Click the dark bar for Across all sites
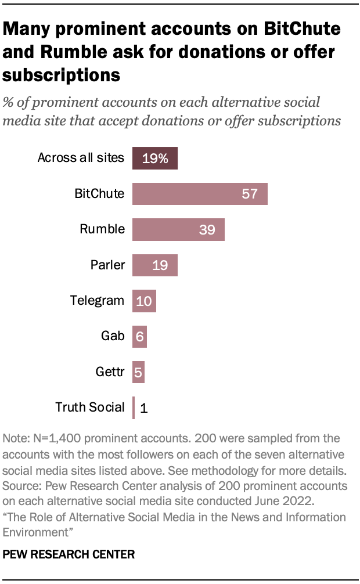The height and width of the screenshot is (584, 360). click(x=154, y=158)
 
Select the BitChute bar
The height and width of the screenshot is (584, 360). click(x=200, y=194)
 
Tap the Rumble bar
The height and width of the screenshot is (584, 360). click(x=178, y=230)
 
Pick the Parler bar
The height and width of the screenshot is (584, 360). click(x=154, y=265)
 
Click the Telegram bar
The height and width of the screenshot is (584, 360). click(x=144, y=301)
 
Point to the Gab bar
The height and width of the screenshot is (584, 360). click(x=139, y=337)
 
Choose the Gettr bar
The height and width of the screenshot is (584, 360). click(x=138, y=372)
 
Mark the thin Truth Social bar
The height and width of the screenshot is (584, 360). click(x=134, y=408)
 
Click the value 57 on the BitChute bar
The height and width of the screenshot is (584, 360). click(x=250, y=194)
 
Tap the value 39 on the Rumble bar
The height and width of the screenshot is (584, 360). click(x=207, y=230)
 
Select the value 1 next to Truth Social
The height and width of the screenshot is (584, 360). click(x=144, y=408)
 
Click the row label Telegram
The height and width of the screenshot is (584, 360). click(x=97, y=301)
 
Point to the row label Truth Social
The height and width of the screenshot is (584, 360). click(x=89, y=407)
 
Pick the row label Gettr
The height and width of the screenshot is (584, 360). click(x=110, y=372)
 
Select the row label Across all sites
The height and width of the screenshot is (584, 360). click(x=81, y=157)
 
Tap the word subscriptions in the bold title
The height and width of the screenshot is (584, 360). click(x=62, y=75)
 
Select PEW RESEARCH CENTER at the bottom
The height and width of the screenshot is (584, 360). click(x=69, y=554)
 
